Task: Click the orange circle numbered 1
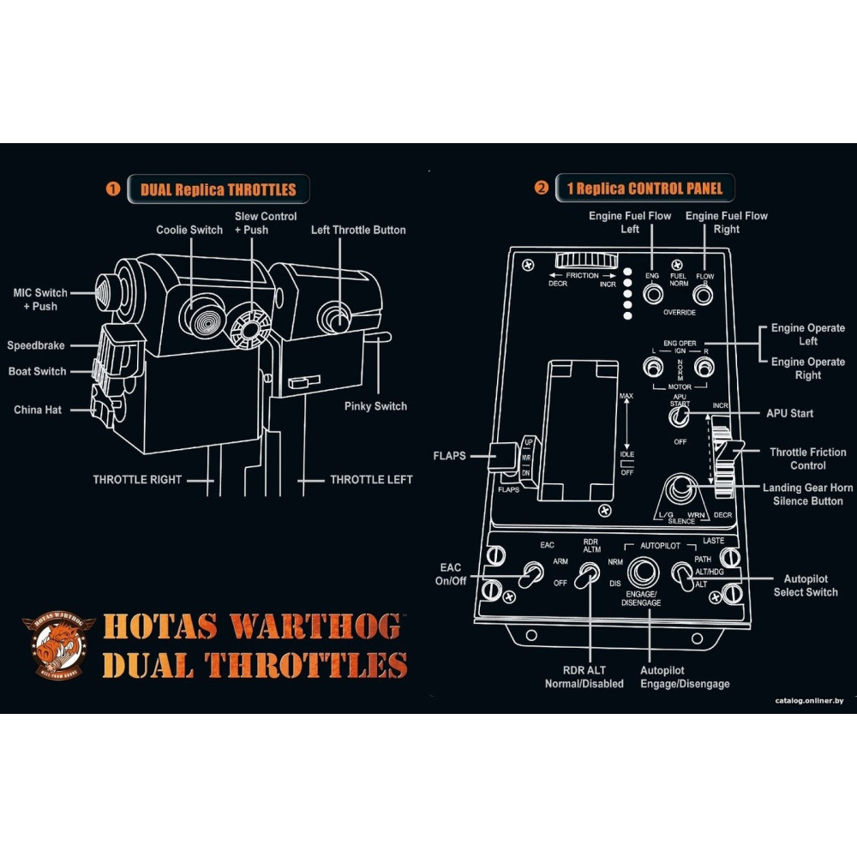(113, 189)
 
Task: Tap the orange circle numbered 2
(541, 188)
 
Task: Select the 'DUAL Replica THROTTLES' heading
(219, 189)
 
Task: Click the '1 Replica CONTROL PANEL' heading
(644, 188)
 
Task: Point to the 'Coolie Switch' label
(189, 230)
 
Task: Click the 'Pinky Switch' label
(375, 406)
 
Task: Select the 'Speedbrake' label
(36, 345)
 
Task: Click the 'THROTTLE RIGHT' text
(137, 480)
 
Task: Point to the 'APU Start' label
(789, 413)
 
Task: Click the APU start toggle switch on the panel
(679, 417)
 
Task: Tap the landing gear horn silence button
(682, 491)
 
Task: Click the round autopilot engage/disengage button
(643, 572)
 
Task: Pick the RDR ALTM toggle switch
(587, 575)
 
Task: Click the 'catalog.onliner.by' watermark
(809, 701)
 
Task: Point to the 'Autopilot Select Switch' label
(806, 585)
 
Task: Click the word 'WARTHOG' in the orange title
(315, 626)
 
